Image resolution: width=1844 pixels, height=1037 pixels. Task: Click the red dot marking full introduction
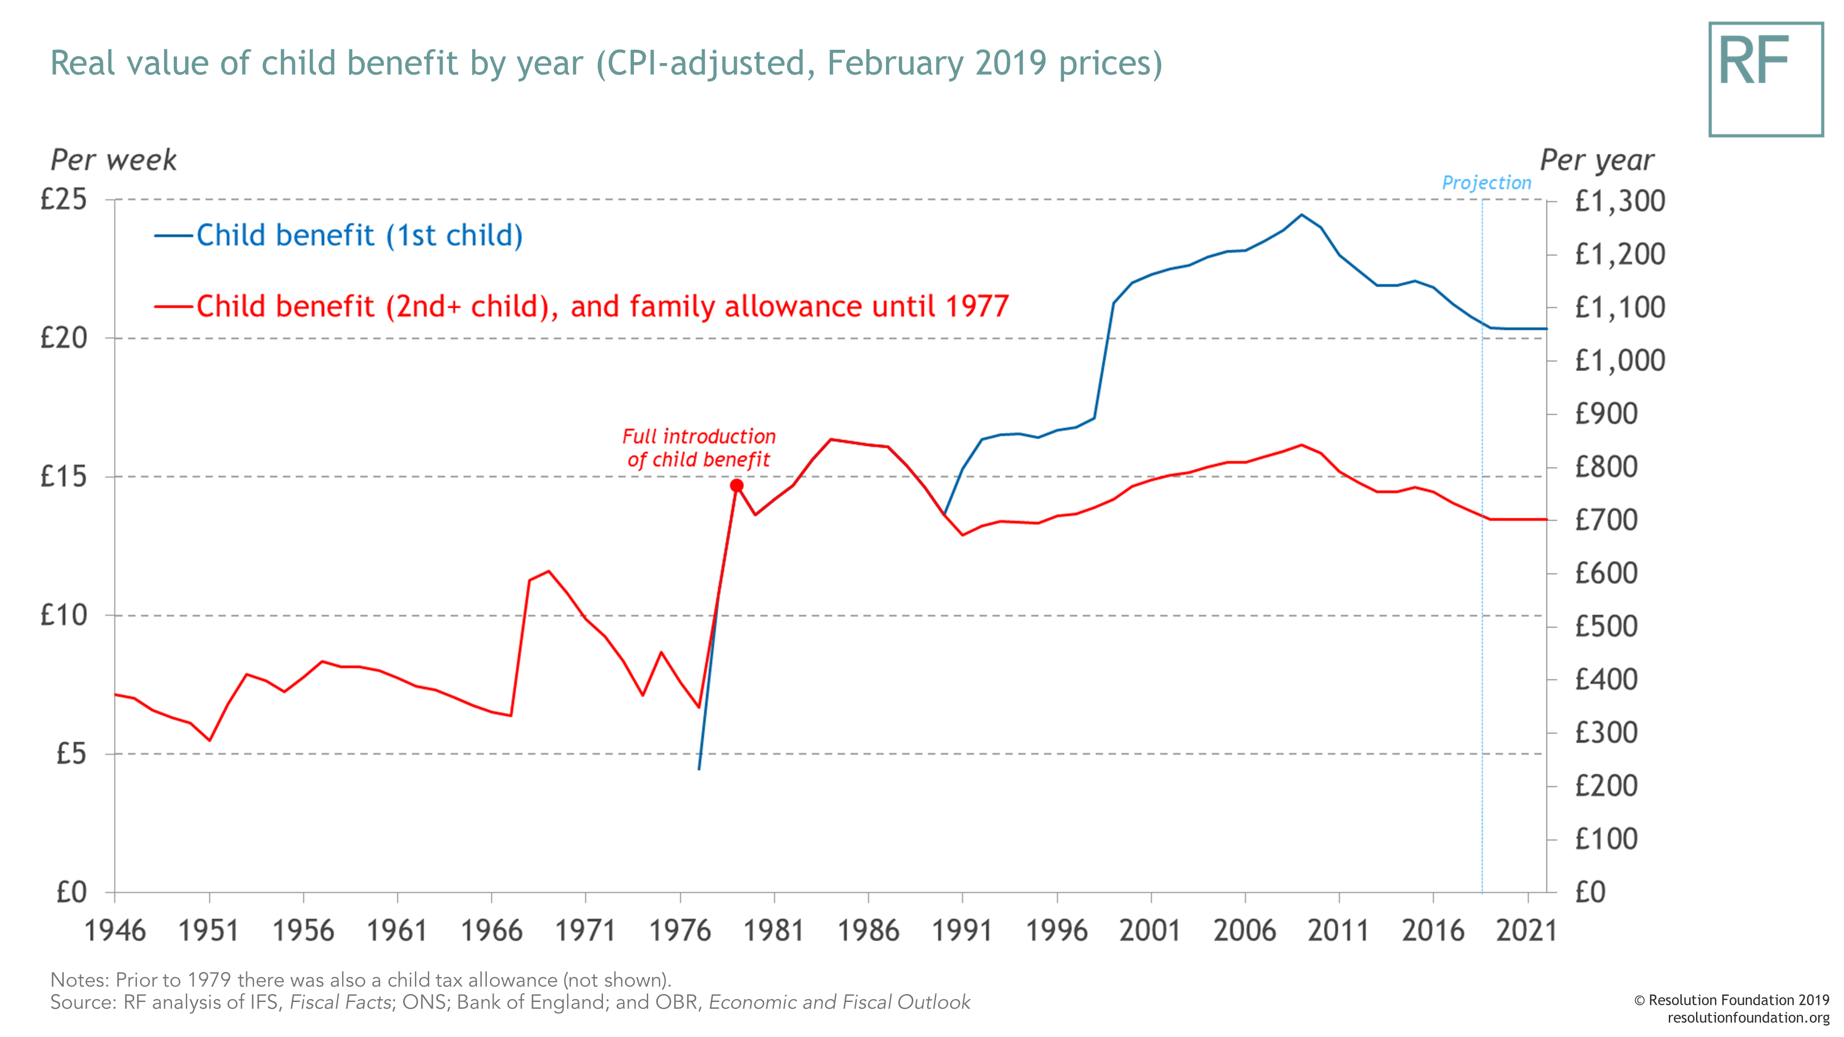pos(737,486)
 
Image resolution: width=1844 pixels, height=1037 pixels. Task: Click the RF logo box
pos(1765,79)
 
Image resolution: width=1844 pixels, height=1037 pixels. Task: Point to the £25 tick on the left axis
pos(63,199)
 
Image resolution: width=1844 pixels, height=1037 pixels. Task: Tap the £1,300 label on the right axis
pos(1619,201)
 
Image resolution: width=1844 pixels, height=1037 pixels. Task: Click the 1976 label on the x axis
pos(680,931)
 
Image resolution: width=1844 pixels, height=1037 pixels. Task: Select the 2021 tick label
pos(1526,931)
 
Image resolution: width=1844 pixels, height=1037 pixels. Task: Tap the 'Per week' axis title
pos(113,159)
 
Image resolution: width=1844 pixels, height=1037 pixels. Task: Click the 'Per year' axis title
pos(1596,159)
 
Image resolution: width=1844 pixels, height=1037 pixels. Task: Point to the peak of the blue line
pos(1301,215)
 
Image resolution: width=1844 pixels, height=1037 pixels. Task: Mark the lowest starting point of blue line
pos(699,769)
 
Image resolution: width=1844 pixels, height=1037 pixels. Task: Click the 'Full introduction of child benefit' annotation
pos(699,448)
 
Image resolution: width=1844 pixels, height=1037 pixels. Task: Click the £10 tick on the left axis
pos(63,615)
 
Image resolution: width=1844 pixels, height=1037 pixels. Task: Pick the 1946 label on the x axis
pos(114,931)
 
